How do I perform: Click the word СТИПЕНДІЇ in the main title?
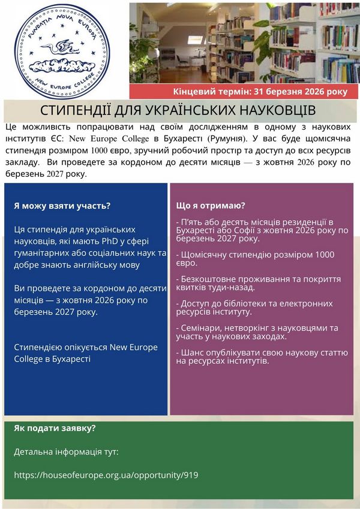click(x=77, y=112)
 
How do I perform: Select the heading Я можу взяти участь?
click(x=62, y=206)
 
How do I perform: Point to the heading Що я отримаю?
click(x=211, y=206)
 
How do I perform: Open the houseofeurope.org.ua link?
click(x=106, y=475)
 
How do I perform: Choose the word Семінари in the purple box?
click(x=202, y=328)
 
